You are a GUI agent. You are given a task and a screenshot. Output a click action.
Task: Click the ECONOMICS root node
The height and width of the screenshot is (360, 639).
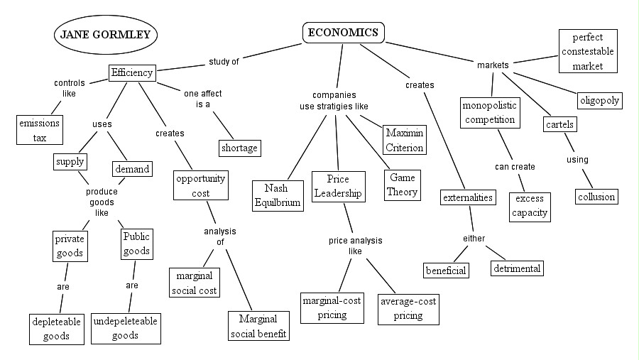pyautogui.click(x=344, y=33)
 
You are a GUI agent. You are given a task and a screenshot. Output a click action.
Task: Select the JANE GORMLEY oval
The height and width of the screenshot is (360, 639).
pyautogui.click(x=105, y=33)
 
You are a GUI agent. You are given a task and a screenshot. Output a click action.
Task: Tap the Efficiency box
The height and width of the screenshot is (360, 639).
pyautogui.click(x=132, y=72)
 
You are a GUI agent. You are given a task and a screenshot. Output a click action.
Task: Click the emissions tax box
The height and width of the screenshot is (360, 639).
pyautogui.click(x=39, y=129)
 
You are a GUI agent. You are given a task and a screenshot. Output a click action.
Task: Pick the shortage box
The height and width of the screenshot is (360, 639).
pyautogui.click(x=239, y=148)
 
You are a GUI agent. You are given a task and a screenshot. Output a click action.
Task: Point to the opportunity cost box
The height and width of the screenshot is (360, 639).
pyautogui.click(x=201, y=185)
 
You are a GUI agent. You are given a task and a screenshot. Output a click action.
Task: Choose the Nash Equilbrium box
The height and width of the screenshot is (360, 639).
pyautogui.click(x=278, y=195)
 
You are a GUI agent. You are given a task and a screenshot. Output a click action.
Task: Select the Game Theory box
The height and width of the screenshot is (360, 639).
pyautogui.click(x=402, y=184)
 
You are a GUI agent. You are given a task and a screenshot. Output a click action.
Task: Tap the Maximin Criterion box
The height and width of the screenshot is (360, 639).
pyautogui.click(x=404, y=140)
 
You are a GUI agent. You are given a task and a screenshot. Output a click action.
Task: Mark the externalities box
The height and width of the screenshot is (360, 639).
pyautogui.click(x=467, y=197)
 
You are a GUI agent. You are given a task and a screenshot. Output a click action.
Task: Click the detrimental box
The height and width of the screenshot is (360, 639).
pyautogui.click(x=518, y=268)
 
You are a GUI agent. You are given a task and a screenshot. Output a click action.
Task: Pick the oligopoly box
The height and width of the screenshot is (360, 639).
pyautogui.click(x=599, y=100)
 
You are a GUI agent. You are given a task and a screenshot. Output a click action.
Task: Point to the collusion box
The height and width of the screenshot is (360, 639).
pyautogui.click(x=596, y=196)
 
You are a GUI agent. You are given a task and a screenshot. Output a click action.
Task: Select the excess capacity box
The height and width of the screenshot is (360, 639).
pyautogui.click(x=529, y=206)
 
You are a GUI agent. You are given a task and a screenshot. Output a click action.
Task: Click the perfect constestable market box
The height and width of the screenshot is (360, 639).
pyautogui.click(x=587, y=50)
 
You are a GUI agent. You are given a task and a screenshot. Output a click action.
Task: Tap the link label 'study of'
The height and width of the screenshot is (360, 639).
pyautogui.click(x=224, y=61)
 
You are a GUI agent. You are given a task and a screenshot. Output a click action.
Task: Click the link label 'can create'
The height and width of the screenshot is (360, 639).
pyautogui.click(x=515, y=167)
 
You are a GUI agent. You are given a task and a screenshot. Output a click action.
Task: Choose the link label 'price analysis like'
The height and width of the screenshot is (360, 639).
pyautogui.click(x=355, y=246)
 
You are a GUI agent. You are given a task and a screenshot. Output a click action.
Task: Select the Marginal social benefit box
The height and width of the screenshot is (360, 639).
pyautogui.click(x=258, y=326)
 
